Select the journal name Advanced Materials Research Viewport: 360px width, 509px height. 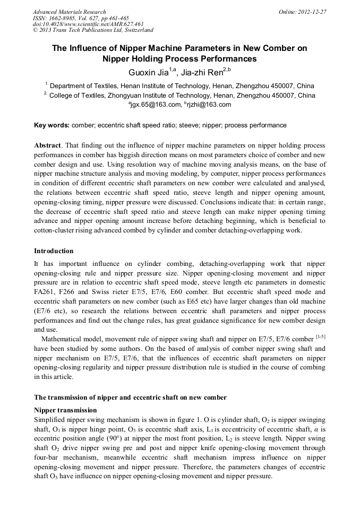point(69,12)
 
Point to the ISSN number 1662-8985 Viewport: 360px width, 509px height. point(63,18)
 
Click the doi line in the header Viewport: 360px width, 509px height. point(88,24)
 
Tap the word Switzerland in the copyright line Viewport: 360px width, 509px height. point(136,30)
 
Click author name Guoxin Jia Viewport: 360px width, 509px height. point(147,72)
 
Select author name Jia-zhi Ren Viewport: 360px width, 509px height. point(201,72)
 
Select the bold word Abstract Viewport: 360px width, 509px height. point(47,145)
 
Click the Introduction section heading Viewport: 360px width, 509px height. point(54,251)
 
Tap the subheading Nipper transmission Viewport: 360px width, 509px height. point(65,410)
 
